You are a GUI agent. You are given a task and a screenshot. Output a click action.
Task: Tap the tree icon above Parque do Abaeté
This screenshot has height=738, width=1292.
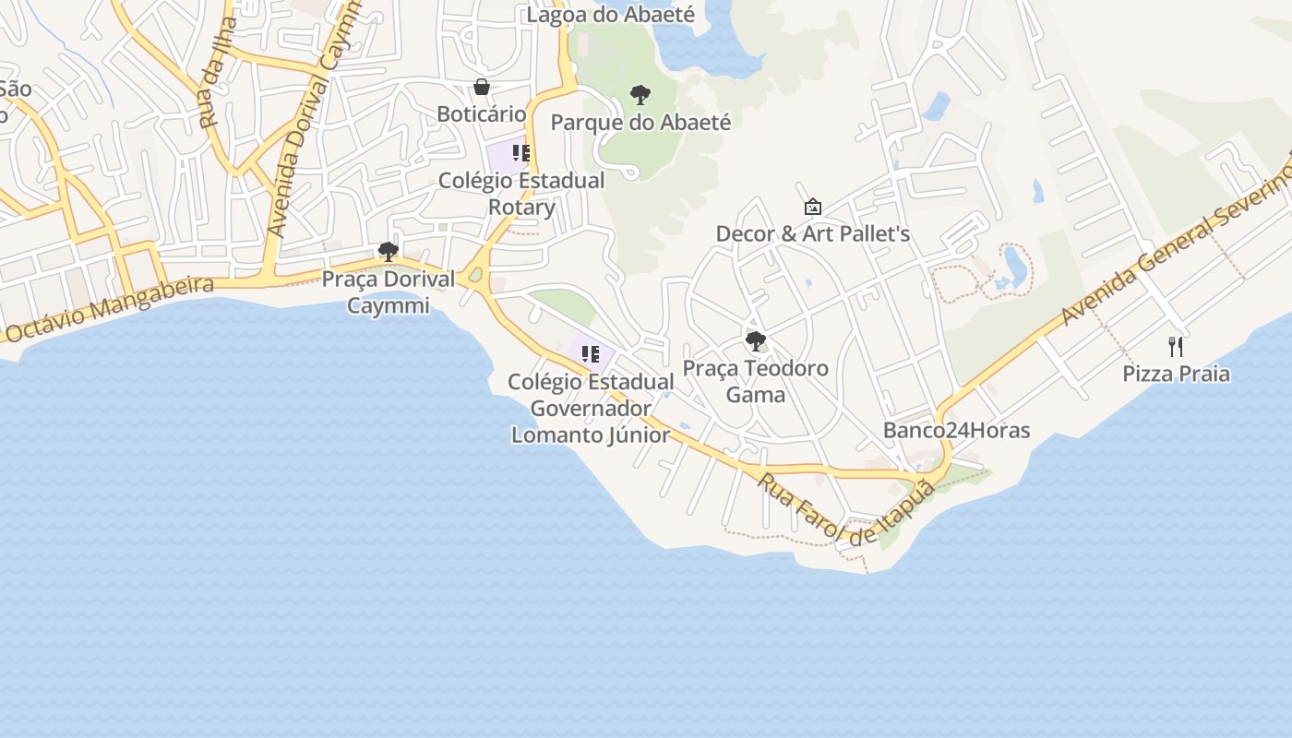click(x=640, y=94)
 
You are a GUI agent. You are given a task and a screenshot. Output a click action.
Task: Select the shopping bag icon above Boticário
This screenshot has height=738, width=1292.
click(x=482, y=88)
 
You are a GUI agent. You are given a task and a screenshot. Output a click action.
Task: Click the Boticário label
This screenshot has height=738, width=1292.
click(x=481, y=114)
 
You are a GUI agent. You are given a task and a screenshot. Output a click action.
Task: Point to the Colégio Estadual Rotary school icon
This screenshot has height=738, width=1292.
click(x=521, y=153)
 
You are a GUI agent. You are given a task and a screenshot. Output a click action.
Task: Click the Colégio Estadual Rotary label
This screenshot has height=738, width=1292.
click(x=521, y=194)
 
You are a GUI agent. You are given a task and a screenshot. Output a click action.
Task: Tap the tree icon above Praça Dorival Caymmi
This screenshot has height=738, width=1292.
click(x=389, y=251)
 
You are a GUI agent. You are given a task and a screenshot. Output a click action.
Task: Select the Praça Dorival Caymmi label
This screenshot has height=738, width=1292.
click(x=389, y=292)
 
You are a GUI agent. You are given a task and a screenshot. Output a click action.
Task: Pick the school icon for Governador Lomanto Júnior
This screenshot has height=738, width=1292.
click(x=591, y=353)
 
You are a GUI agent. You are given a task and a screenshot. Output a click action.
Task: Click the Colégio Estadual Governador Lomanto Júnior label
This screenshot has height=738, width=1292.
click(x=591, y=408)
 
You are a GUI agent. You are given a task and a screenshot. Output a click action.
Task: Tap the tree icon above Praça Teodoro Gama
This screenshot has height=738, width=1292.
click(x=756, y=341)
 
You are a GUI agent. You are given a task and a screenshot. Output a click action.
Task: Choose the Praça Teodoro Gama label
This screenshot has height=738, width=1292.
click(x=756, y=382)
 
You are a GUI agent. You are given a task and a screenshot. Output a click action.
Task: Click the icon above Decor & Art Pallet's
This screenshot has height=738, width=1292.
click(x=813, y=207)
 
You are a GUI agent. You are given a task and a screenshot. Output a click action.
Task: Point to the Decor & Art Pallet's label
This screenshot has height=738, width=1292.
click(x=813, y=234)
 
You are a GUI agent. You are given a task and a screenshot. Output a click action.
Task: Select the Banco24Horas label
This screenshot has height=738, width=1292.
click(x=956, y=431)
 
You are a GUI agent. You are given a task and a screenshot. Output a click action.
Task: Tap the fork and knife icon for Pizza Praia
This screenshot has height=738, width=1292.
click(x=1176, y=347)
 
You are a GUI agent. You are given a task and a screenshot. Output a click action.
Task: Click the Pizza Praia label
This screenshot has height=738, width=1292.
click(x=1176, y=374)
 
